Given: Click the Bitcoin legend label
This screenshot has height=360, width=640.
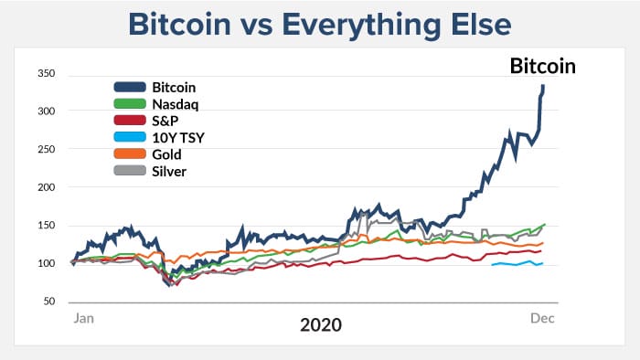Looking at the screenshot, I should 174,88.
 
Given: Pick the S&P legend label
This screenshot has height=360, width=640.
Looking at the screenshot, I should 165,121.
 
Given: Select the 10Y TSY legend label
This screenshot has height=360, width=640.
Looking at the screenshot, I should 176,138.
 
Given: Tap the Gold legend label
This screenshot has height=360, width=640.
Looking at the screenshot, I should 165,154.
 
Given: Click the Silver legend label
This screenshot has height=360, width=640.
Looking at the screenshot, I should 168,171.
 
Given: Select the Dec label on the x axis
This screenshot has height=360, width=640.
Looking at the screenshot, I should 543,318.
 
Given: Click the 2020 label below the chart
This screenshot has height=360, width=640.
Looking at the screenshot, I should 319,325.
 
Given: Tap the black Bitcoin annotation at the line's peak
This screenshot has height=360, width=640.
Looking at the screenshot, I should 542,66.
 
